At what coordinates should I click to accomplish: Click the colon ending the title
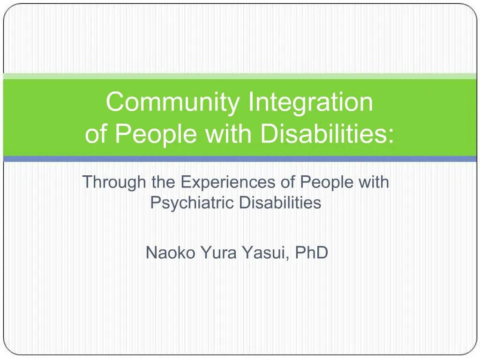(x=391, y=135)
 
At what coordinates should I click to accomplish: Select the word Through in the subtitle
(x=114, y=181)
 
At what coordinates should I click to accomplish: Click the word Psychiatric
(x=193, y=203)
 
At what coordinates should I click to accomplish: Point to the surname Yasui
(x=266, y=253)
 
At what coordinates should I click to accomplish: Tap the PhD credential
(x=311, y=253)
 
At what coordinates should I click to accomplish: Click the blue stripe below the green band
(x=240, y=159)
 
